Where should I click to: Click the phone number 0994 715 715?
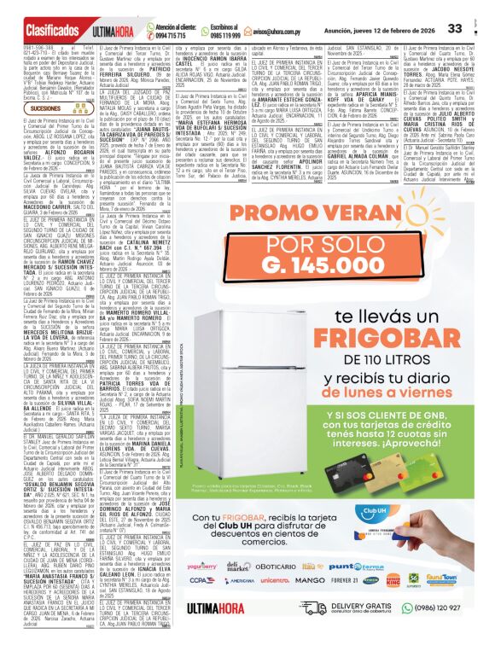(167, 35)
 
